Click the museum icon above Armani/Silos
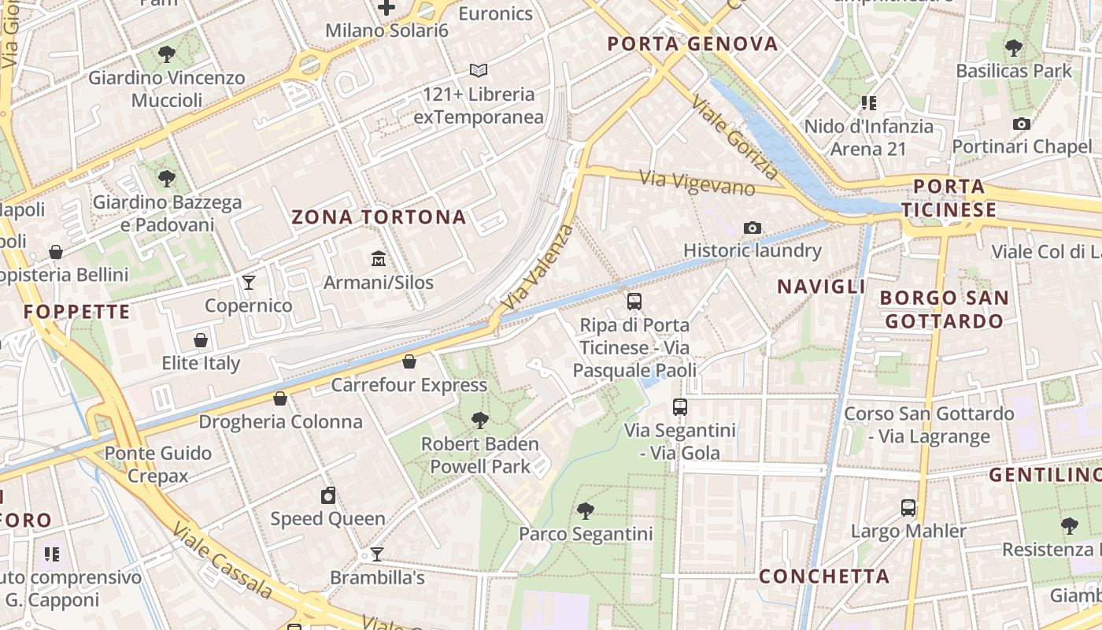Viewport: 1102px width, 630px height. click(379, 258)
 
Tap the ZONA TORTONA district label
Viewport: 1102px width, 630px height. click(379, 217)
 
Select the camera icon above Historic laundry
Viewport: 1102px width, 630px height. click(753, 228)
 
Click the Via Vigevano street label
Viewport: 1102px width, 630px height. click(697, 183)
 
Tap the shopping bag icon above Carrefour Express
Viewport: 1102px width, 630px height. click(409, 361)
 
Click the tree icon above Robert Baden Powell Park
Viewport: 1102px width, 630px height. click(479, 420)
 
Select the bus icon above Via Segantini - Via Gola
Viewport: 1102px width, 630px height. click(680, 407)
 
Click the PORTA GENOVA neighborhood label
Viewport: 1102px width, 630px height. click(693, 44)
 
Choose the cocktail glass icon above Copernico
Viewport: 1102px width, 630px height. click(249, 282)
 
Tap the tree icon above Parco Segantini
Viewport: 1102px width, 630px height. click(586, 510)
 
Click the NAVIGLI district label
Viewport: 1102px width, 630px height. click(821, 287)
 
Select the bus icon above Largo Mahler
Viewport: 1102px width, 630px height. click(908, 507)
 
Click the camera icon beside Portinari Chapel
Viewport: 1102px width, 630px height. click(1022, 124)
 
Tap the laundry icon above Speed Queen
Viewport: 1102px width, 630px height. click(328, 495)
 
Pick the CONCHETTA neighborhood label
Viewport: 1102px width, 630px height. click(824, 576)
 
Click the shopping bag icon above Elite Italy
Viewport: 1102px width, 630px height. click(201, 340)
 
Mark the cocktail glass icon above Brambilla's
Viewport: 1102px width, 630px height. click(377, 554)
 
